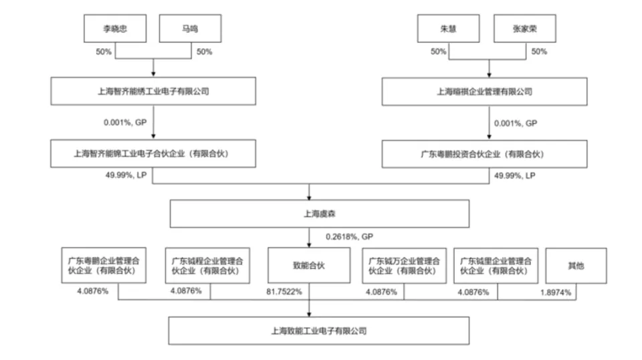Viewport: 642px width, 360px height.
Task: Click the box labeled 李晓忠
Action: tap(115, 29)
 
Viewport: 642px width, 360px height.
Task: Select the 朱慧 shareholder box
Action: tap(448, 29)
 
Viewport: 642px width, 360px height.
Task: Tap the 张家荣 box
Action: tap(525, 29)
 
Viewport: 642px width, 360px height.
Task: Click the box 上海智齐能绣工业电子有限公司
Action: tap(153, 91)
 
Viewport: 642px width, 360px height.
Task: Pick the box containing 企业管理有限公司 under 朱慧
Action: tap(484, 92)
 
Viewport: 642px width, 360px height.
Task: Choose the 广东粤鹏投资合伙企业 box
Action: tap(484, 154)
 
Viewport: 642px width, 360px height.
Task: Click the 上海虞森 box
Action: tap(320, 213)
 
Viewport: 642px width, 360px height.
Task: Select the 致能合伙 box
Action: tap(309, 266)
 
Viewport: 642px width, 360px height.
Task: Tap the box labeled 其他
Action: tap(576, 266)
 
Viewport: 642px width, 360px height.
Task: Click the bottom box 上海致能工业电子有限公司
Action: tap(318, 331)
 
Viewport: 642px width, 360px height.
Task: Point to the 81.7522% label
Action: tap(284, 292)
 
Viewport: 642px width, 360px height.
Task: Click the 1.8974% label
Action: tap(556, 292)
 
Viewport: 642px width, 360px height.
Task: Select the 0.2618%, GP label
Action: tap(349, 237)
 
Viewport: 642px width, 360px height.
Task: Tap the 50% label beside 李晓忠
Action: tap(104, 52)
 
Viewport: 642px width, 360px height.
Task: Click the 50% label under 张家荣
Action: tap(539, 52)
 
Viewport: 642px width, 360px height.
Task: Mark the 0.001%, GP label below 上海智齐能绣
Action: tap(125, 122)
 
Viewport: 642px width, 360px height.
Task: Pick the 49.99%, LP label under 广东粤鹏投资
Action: tap(515, 176)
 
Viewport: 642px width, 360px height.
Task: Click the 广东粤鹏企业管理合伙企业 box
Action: tap(104, 266)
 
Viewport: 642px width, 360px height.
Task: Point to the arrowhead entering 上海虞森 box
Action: tap(309, 198)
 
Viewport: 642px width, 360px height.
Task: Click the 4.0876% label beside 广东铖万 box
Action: tap(381, 292)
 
